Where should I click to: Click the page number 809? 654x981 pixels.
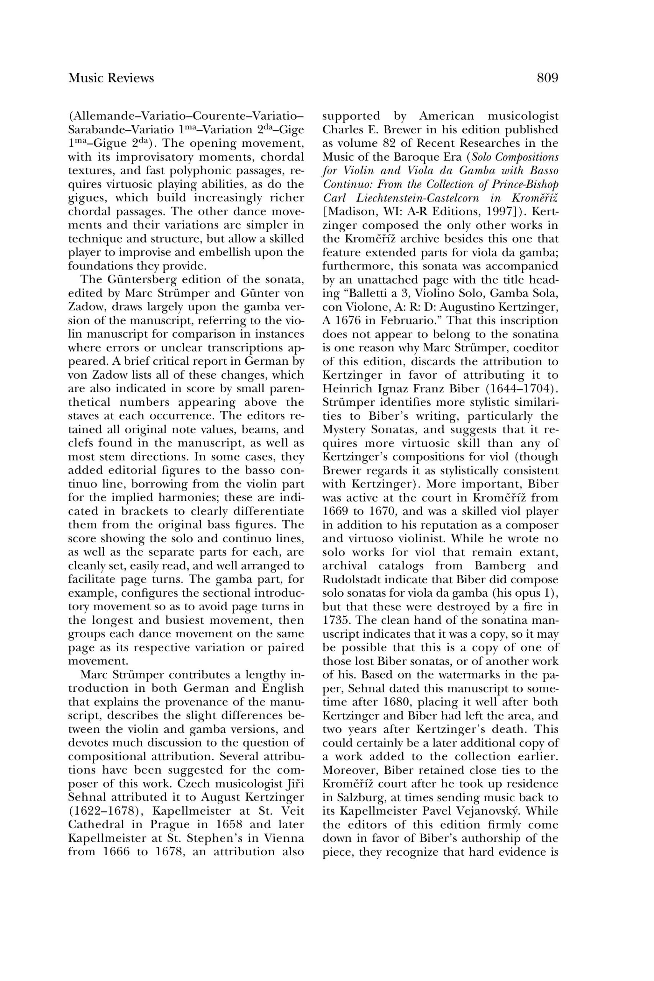pos(547,78)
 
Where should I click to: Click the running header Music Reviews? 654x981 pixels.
pos(111,78)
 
